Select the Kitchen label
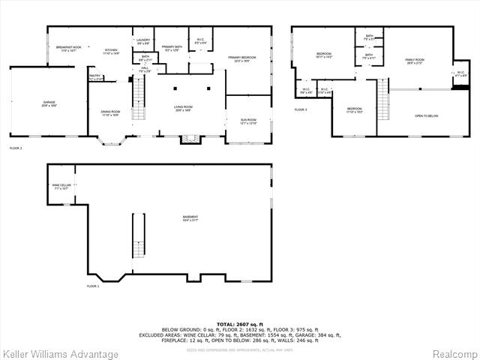[x=111, y=50]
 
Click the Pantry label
[x=95, y=76]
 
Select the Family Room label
[x=415, y=61]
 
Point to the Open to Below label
[x=426, y=116]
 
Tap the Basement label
[x=190, y=218]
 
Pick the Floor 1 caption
[x=93, y=286]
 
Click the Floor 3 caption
[x=301, y=110]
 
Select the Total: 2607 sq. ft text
[x=240, y=323]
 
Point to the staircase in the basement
[x=137, y=237]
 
